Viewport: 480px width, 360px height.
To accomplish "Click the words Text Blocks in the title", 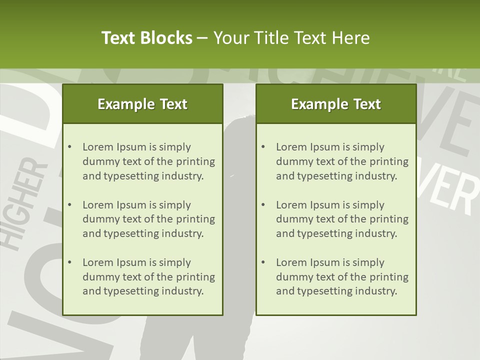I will click(x=146, y=38).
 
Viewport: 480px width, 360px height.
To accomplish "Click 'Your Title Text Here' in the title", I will click(x=291, y=38).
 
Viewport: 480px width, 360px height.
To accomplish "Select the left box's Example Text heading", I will click(x=142, y=104).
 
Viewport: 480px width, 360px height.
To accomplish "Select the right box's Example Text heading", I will click(x=336, y=104).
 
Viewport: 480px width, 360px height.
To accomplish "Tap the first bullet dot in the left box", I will click(x=69, y=147).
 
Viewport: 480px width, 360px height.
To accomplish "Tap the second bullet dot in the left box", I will click(x=69, y=205).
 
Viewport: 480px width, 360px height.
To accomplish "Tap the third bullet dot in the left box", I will click(x=69, y=262).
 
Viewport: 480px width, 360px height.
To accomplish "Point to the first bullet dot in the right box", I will click(x=263, y=147).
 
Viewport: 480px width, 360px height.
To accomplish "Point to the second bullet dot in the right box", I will click(x=263, y=205).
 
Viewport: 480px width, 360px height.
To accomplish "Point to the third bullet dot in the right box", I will click(x=263, y=262).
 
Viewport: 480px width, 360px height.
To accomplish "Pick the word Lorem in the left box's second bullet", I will click(x=98, y=205).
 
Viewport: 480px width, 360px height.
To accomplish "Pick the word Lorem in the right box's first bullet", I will click(x=291, y=147).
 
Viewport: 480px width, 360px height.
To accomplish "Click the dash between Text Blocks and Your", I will click(x=203, y=38).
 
